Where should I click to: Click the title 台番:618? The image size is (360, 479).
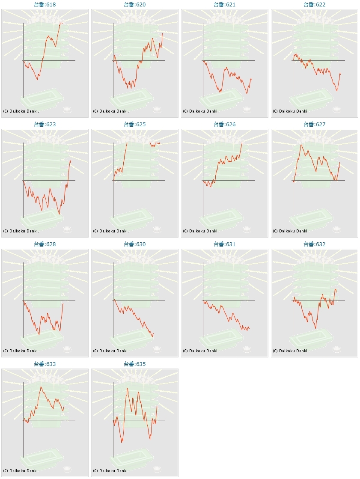click(x=45, y=4)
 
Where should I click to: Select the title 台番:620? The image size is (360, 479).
click(x=135, y=4)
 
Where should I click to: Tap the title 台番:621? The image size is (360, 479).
click(x=225, y=4)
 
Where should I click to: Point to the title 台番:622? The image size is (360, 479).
click(x=315, y=4)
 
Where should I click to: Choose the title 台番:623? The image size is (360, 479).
click(x=45, y=124)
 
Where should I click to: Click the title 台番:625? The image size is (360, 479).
click(x=135, y=124)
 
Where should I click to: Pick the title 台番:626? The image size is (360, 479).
click(x=225, y=124)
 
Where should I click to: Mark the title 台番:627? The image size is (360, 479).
click(x=315, y=124)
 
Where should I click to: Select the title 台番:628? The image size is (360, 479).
click(x=45, y=244)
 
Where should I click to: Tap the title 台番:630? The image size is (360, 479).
click(x=135, y=244)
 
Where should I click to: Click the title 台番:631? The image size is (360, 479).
click(x=225, y=244)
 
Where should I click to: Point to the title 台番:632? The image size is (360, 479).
click(x=315, y=244)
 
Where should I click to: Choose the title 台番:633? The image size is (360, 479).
click(x=45, y=364)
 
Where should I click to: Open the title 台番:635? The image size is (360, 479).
click(x=135, y=364)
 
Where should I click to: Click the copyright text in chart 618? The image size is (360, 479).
click(x=21, y=111)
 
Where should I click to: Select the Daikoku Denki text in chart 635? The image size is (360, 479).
click(x=111, y=470)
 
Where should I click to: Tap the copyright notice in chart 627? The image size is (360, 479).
click(x=291, y=231)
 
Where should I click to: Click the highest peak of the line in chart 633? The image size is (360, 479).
click(x=41, y=387)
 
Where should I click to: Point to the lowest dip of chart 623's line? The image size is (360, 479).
click(x=60, y=214)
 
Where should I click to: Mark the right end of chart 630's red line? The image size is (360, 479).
click(x=153, y=332)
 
